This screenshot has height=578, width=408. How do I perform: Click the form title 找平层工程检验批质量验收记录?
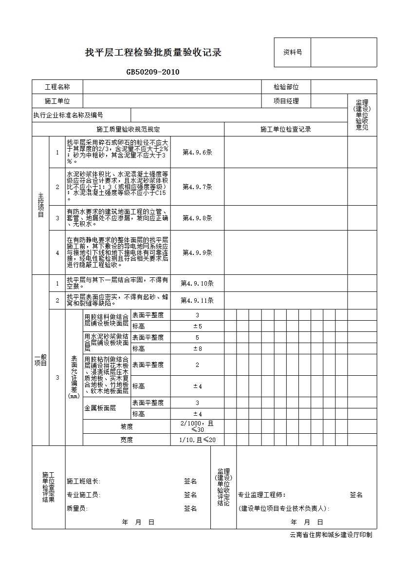(x=153, y=53)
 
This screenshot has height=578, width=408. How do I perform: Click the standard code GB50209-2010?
(x=153, y=72)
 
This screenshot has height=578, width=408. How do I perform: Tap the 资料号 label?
(x=293, y=52)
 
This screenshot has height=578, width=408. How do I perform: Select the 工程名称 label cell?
(x=57, y=87)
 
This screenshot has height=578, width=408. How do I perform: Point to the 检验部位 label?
(x=286, y=87)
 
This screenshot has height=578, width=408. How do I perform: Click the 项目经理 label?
(x=286, y=101)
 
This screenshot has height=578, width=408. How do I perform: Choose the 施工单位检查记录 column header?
(x=285, y=129)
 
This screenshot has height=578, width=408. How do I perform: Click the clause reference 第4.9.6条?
(x=197, y=152)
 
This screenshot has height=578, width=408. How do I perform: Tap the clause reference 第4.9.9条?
(x=197, y=252)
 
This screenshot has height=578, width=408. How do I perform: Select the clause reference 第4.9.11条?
(x=197, y=300)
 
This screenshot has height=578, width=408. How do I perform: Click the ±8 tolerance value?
(x=197, y=348)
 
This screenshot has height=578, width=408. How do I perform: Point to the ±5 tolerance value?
(x=197, y=326)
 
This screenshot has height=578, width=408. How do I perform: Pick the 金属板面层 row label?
(x=100, y=408)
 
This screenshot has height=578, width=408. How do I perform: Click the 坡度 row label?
(x=127, y=426)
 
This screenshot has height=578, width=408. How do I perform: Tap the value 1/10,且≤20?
(x=197, y=440)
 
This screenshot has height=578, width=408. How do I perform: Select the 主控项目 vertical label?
(x=41, y=205)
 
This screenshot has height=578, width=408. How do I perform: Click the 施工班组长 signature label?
(x=83, y=482)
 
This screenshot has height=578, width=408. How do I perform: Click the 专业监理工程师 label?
(x=258, y=495)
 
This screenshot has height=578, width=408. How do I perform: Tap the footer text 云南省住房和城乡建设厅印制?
(x=331, y=535)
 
